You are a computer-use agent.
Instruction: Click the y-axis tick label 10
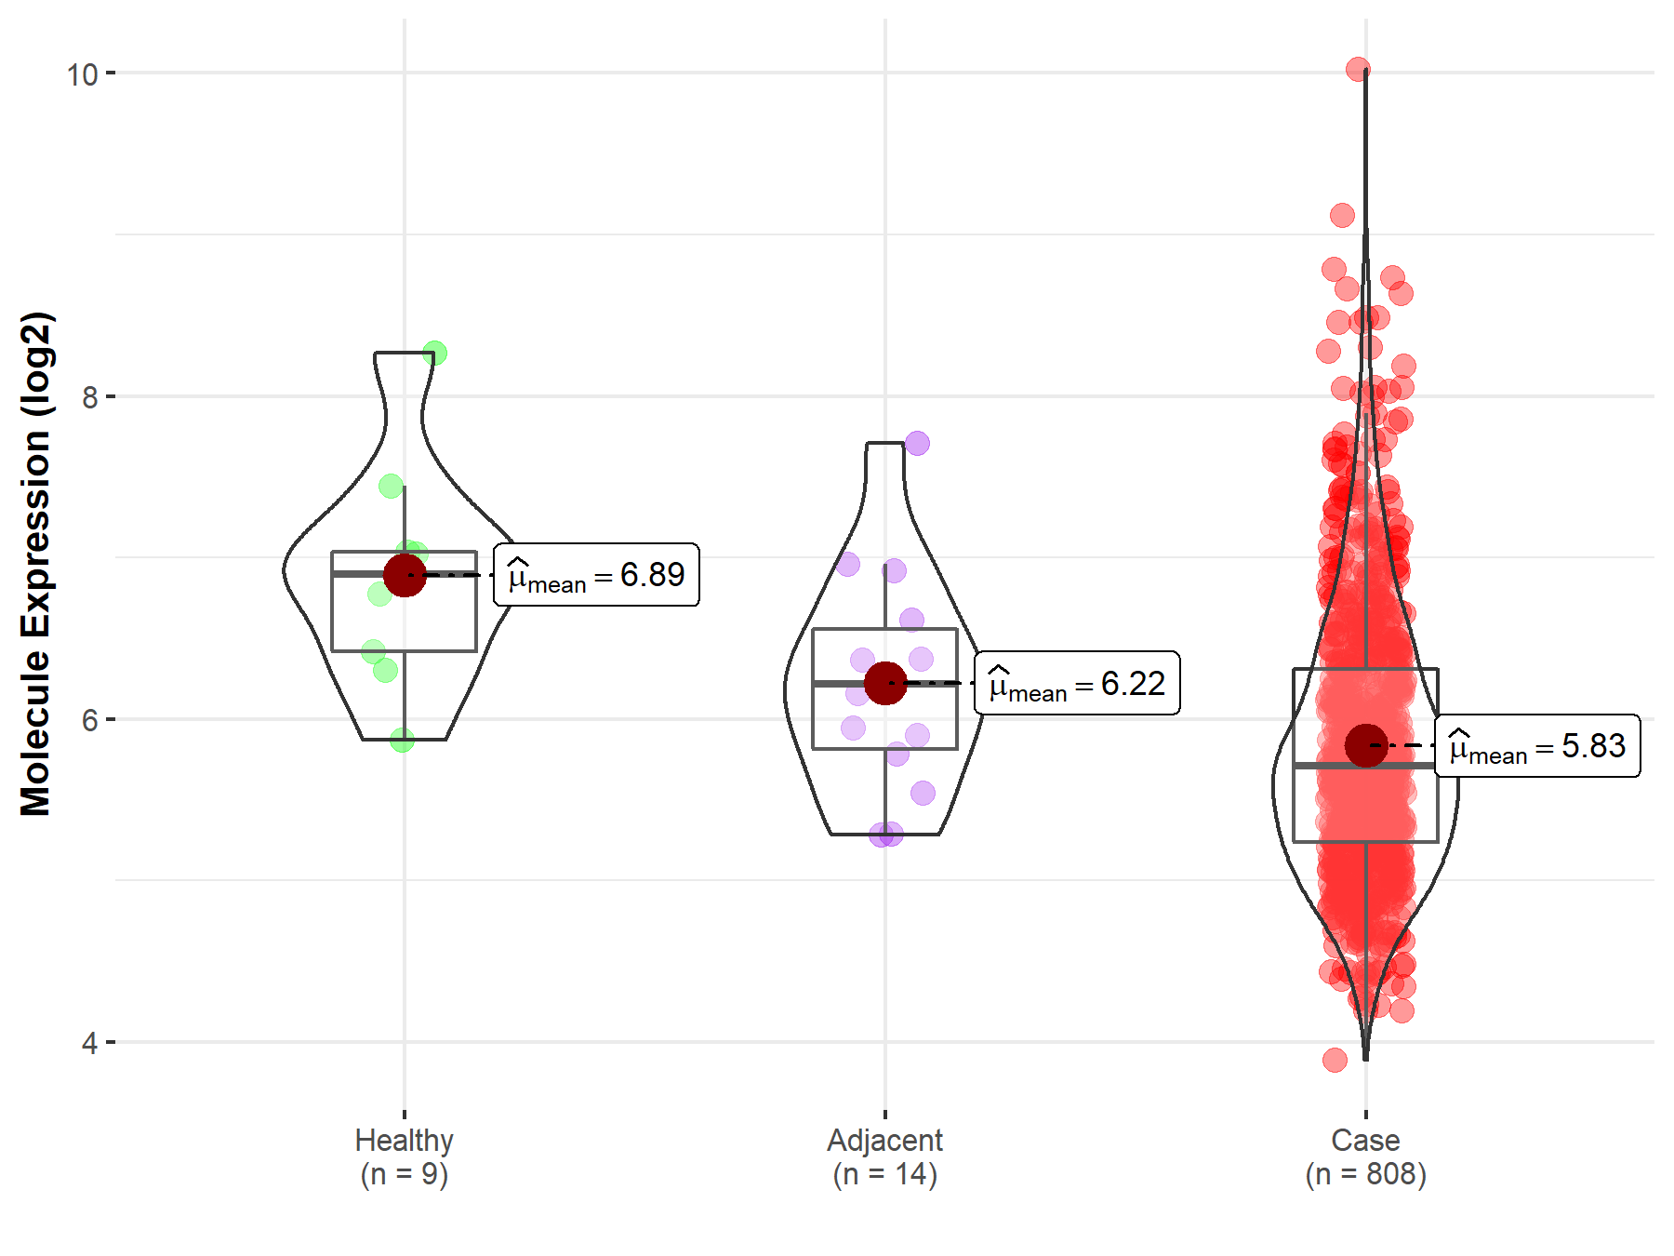click(x=82, y=73)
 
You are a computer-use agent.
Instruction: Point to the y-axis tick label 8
click(x=89, y=397)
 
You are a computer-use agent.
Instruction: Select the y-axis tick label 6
click(x=89, y=720)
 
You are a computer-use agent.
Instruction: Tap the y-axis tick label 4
click(x=89, y=1043)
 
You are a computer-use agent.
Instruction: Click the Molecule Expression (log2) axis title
click(x=35, y=564)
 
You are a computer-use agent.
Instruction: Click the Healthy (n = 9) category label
click(x=405, y=1156)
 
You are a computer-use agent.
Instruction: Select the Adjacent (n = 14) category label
click(x=884, y=1156)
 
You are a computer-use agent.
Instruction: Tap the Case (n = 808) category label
click(x=1365, y=1156)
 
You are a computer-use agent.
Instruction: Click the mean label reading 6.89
click(x=596, y=575)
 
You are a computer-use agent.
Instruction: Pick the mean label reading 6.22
click(x=1077, y=684)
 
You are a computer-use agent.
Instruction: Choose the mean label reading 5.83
click(x=1537, y=746)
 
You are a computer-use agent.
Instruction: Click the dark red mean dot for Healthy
click(x=405, y=575)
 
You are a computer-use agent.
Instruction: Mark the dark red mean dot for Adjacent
click(x=884, y=683)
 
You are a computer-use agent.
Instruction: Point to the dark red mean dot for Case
click(x=1365, y=745)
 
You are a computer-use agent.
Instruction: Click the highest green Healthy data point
click(x=434, y=354)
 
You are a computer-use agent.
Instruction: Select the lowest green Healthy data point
click(x=402, y=741)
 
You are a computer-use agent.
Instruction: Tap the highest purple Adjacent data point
click(x=917, y=443)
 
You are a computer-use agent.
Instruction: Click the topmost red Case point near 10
click(x=1358, y=69)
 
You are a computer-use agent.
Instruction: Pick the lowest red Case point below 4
click(x=1335, y=1060)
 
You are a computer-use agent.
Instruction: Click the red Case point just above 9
click(x=1342, y=216)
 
